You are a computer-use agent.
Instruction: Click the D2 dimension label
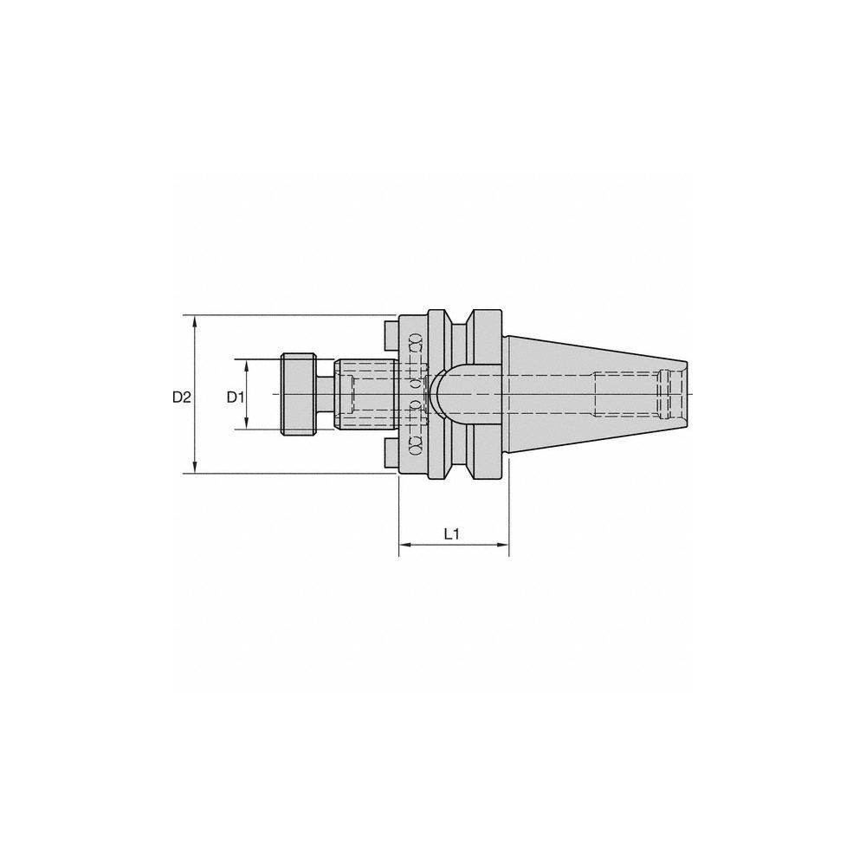tap(180, 397)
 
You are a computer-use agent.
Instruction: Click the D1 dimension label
tap(235, 397)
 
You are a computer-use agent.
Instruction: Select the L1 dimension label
tap(451, 534)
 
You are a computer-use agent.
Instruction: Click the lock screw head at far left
tap(299, 394)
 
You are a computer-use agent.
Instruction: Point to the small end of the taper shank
tap(684, 394)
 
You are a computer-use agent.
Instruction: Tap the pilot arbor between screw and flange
tap(364, 394)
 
